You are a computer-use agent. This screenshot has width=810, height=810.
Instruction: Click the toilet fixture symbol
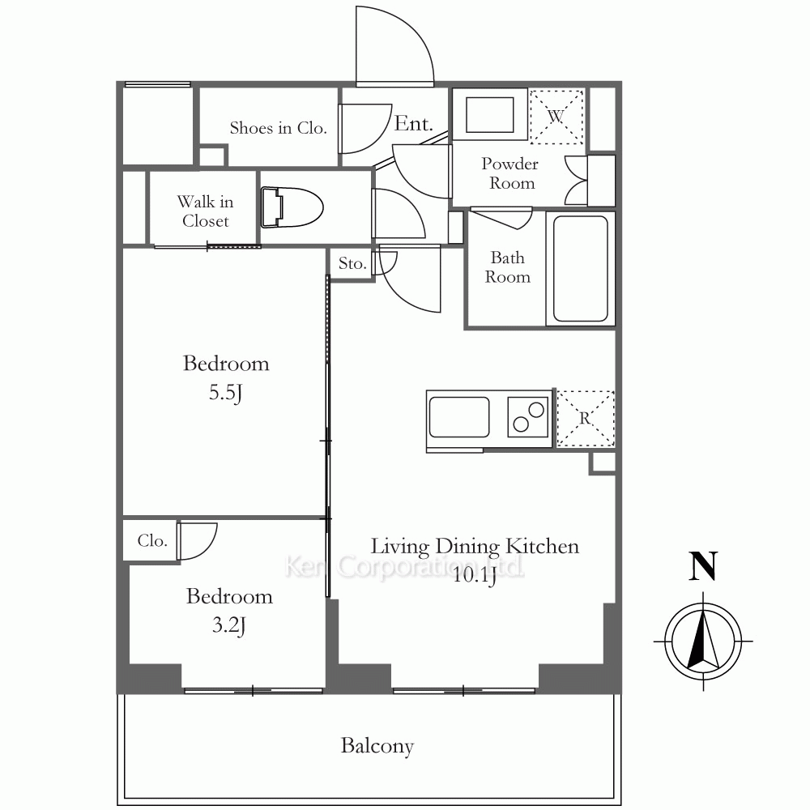(x=292, y=207)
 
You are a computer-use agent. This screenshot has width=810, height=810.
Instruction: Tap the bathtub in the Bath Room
(x=580, y=269)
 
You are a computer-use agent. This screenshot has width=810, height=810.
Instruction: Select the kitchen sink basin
(x=459, y=417)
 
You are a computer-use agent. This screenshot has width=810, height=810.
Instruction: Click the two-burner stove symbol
(x=528, y=417)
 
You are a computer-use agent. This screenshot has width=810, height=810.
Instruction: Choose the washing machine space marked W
(x=556, y=116)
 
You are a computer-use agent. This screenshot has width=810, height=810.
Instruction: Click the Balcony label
(x=377, y=746)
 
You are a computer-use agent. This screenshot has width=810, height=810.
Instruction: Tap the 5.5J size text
(x=226, y=393)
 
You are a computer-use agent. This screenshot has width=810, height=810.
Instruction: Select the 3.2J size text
(x=229, y=625)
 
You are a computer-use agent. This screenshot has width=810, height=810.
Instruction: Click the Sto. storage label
(x=352, y=263)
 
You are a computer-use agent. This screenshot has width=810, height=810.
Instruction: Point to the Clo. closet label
(x=152, y=541)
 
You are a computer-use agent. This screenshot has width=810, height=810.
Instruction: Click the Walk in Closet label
(x=205, y=211)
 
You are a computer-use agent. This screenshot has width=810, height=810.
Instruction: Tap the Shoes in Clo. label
(x=279, y=128)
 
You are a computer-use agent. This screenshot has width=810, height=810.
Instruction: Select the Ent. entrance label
(x=414, y=123)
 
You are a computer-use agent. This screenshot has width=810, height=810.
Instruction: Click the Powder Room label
(x=510, y=173)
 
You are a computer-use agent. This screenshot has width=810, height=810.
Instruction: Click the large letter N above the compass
(x=704, y=566)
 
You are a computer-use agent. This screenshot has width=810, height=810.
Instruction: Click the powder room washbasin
(x=490, y=115)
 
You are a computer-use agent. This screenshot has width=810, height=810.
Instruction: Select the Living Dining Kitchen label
(x=475, y=547)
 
